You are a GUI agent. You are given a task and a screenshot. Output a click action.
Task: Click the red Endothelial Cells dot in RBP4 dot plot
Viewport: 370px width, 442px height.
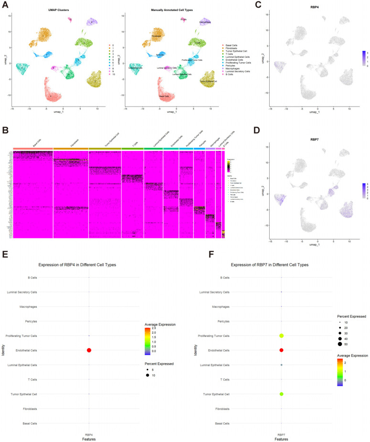click(x=89, y=350)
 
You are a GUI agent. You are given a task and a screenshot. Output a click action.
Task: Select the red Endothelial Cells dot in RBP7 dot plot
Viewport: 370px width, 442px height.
click(x=282, y=350)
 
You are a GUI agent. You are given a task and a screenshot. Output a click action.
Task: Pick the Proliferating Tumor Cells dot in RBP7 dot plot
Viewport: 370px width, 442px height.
click(x=282, y=336)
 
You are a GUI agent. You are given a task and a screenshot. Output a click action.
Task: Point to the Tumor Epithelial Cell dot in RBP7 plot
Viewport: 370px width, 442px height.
click(x=282, y=394)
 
